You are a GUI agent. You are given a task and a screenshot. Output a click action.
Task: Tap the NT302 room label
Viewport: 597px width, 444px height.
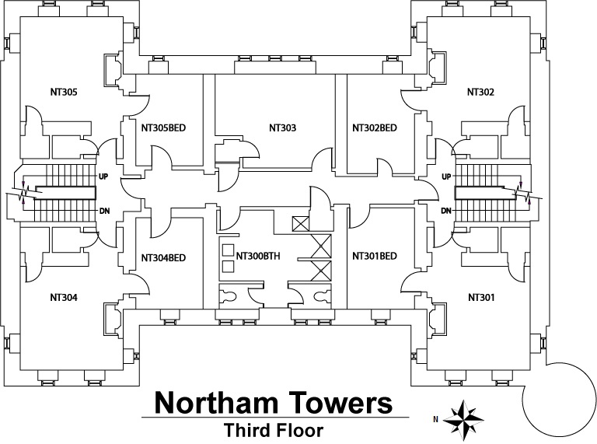480,92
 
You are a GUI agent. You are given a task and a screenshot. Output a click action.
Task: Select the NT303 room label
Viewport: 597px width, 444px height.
282,128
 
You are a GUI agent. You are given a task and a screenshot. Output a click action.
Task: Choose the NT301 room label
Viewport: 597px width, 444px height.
481,296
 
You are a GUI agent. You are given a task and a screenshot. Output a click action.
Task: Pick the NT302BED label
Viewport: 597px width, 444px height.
374,128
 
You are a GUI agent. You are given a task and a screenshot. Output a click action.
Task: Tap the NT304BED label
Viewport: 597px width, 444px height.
163,257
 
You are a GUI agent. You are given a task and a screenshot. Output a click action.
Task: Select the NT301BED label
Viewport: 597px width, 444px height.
375,255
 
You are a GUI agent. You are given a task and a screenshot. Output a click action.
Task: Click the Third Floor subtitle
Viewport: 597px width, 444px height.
268,428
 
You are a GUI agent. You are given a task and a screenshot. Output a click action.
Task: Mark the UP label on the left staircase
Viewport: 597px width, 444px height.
103,177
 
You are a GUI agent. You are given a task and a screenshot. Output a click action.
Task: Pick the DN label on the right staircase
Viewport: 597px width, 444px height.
446,212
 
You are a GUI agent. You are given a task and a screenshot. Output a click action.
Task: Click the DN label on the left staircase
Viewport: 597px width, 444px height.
103,211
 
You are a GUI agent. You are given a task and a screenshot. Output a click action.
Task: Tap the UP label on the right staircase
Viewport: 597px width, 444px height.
446,177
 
